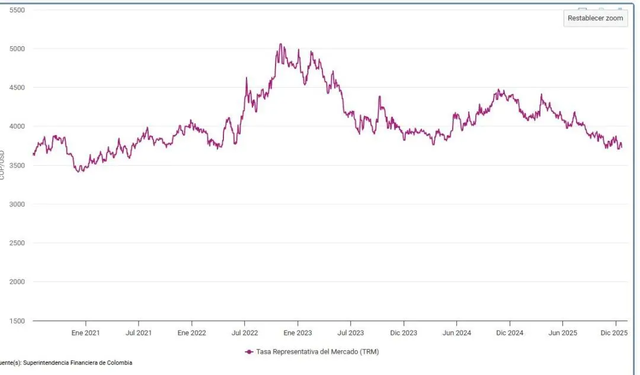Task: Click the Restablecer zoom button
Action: pos(595,18)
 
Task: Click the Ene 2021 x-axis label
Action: pos(85,333)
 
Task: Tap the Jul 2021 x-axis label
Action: pos(139,333)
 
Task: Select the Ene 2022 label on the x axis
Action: pos(191,333)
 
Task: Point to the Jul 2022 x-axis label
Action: pos(245,333)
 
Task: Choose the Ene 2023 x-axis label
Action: pos(297,333)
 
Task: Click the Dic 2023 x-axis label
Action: pos(404,333)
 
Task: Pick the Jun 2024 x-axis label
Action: pos(457,333)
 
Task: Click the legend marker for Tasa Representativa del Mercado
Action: pos(249,352)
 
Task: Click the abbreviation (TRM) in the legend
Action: pos(368,352)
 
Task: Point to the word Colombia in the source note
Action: pos(120,363)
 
